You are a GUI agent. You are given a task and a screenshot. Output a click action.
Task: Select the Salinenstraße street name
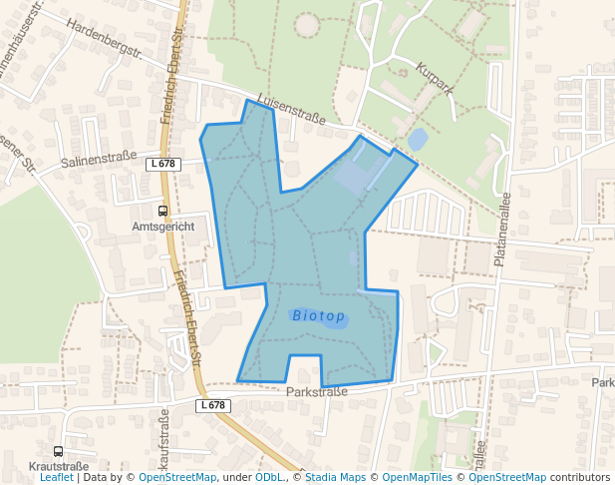(x=98, y=159)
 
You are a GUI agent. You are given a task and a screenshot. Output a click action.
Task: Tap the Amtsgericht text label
(x=162, y=227)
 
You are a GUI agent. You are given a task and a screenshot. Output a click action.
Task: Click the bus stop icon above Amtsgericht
(x=162, y=211)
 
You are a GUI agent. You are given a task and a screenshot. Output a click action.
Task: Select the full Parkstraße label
(x=316, y=392)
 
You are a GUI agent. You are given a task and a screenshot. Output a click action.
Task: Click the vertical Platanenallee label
(x=504, y=230)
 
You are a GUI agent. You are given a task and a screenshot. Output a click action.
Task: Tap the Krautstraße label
(x=59, y=466)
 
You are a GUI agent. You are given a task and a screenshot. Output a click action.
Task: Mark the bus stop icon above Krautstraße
(x=59, y=451)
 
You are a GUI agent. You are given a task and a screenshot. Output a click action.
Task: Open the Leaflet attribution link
(x=56, y=478)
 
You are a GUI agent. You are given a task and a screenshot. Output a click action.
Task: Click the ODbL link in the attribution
(x=269, y=478)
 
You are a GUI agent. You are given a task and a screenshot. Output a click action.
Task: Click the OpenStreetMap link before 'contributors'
(x=507, y=478)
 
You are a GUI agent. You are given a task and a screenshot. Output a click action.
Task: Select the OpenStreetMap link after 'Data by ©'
(x=177, y=478)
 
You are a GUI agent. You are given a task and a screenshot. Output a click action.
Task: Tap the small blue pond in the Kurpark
(x=418, y=139)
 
